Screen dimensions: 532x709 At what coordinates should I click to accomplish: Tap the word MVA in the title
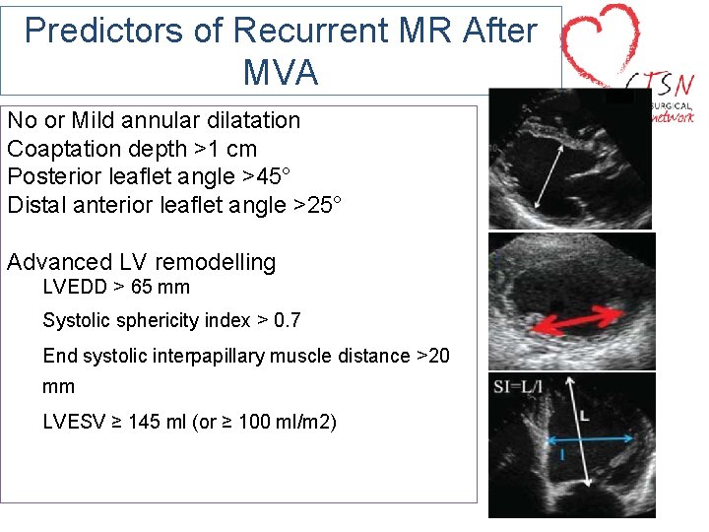(280, 72)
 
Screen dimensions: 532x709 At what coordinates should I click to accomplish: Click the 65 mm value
(161, 288)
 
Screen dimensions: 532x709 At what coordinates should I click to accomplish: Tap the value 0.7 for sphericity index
(287, 320)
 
